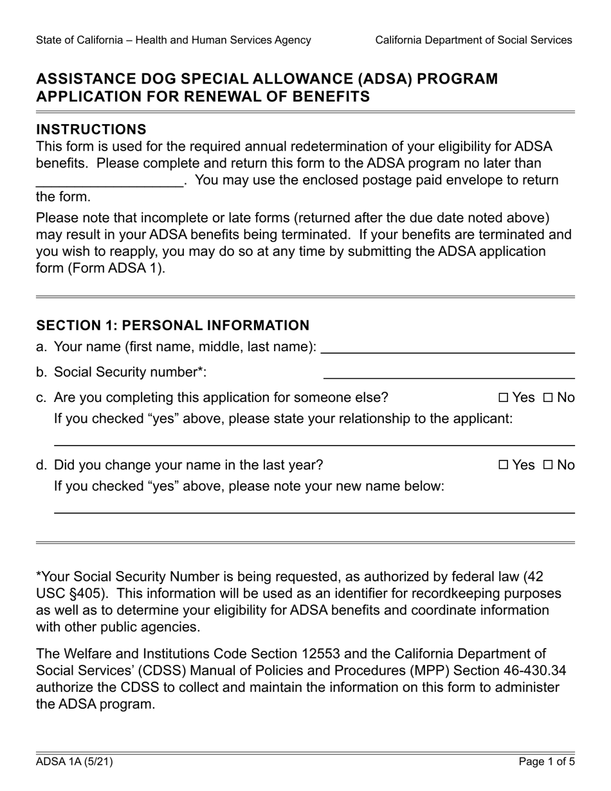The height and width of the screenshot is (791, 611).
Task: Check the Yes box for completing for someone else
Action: (x=503, y=397)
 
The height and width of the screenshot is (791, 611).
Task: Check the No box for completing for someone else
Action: (x=548, y=397)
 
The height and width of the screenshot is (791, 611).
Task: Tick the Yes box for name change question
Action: (x=503, y=465)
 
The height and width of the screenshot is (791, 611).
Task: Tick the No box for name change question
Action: (x=548, y=465)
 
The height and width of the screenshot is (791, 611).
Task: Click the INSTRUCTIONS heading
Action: (x=91, y=129)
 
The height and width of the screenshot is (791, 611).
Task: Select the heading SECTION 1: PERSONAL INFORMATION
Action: (x=172, y=325)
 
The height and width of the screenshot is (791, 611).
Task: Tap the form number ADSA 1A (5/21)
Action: (x=75, y=763)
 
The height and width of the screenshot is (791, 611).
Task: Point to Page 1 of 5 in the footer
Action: (x=547, y=763)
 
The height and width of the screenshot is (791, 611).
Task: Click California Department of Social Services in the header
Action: (x=473, y=40)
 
